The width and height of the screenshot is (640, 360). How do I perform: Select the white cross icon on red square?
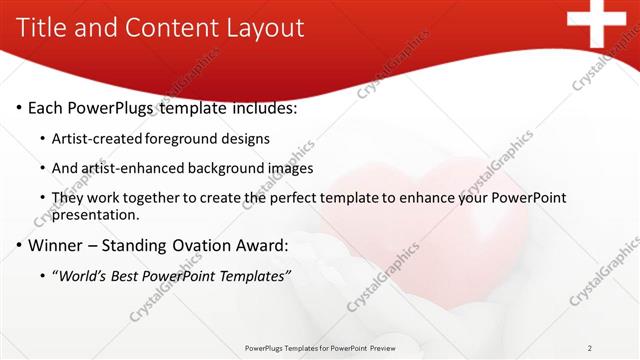click(x=603, y=21)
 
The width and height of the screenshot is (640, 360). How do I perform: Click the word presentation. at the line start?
click(x=96, y=215)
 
